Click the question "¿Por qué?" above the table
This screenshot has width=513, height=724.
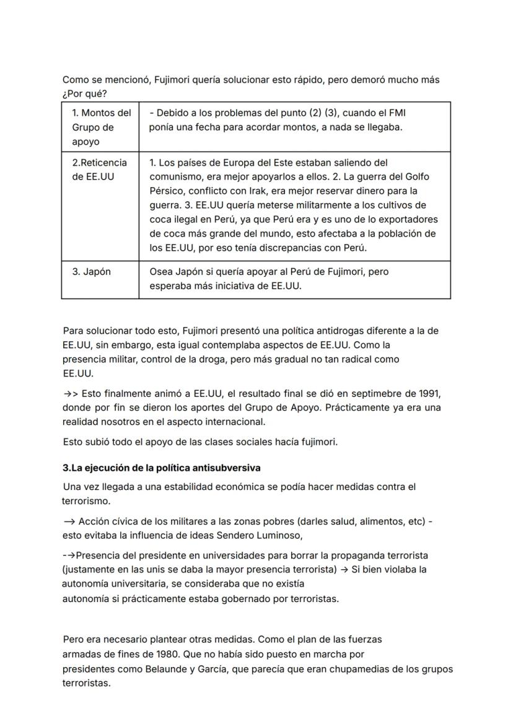pos(82,94)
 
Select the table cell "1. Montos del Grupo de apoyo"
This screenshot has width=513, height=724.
pos(99,127)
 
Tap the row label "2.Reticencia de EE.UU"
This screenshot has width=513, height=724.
pos(99,170)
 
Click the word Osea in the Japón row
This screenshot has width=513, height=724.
pos(160,272)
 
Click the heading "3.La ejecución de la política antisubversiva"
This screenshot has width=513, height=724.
pos(156,466)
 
